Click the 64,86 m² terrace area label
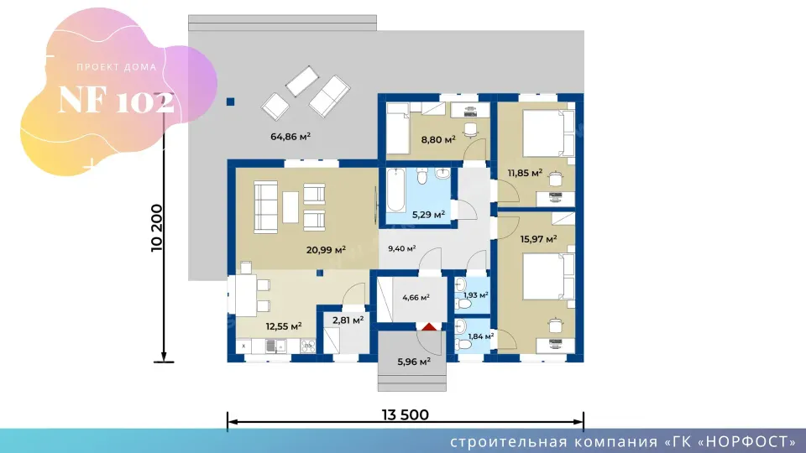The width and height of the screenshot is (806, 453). (290, 137)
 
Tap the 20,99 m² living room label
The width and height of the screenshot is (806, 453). (326, 250)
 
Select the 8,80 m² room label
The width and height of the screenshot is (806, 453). (438, 139)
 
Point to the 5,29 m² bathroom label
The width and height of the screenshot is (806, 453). (428, 215)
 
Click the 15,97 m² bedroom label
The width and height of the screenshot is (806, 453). (539, 239)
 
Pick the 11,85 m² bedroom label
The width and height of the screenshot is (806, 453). (525, 173)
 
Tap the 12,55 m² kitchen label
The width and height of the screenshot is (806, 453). (284, 326)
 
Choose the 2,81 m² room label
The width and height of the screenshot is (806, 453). (348, 320)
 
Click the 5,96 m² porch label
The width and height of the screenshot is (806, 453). (414, 362)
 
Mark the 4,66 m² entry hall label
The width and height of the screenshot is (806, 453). (416, 297)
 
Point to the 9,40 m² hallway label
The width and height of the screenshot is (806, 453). (402, 248)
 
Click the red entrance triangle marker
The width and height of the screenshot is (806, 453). (430, 326)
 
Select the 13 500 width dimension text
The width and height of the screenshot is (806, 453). (405, 414)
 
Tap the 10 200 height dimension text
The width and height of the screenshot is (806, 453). (157, 228)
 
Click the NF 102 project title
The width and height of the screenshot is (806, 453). (117, 100)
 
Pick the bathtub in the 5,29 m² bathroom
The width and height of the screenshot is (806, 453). (395, 190)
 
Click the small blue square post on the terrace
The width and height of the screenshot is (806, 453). (230, 102)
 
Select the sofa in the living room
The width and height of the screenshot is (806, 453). (266, 207)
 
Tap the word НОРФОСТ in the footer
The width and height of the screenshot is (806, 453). (746, 442)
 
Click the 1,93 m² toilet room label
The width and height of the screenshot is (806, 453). (475, 295)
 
